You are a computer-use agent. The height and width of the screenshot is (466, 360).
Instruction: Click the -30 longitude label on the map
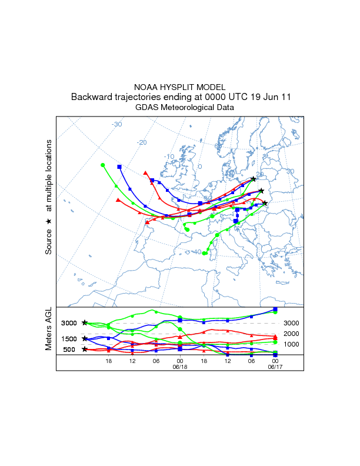[x=116, y=124]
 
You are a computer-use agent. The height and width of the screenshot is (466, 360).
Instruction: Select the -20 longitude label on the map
[x=141, y=142]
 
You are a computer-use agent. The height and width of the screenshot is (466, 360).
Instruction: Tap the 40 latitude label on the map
[x=198, y=252]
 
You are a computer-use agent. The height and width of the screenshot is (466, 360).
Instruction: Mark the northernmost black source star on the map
[x=254, y=179]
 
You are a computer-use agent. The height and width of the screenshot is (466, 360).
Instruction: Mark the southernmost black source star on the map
[x=265, y=204]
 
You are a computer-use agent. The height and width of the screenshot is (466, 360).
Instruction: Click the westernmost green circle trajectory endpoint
[x=102, y=165]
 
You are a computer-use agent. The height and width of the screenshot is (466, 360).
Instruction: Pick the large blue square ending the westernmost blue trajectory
[x=119, y=167]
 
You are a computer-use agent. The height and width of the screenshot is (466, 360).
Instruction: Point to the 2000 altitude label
[x=292, y=334]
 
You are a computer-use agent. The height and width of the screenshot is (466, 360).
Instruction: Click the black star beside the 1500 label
[x=85, y=339]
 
